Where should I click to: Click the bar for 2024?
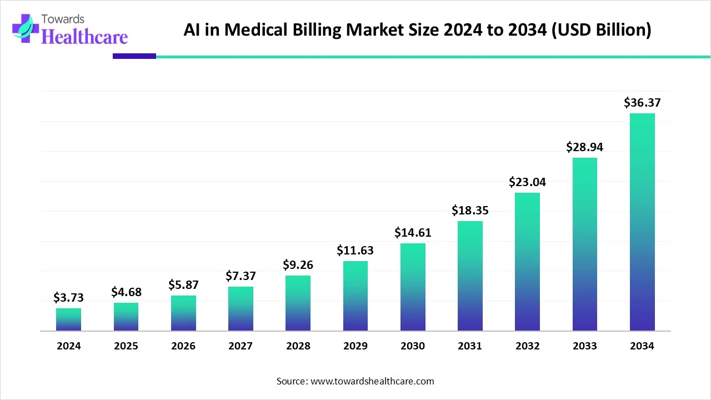click(68, 320)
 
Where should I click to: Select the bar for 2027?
click(241, 309)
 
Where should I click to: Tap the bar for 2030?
click(413, 287)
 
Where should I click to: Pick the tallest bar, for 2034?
click(642, 222)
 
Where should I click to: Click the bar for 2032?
click(527, 262)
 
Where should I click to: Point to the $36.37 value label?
click(642, 103)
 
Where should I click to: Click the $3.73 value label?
click(68, 298)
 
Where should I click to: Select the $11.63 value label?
click(355, 251)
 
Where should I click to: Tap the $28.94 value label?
click(584, 147)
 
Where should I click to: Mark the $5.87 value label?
click(183, 285)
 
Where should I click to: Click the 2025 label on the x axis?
click(126, 346)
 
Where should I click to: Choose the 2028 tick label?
click(298, 346)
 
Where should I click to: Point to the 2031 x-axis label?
click(470, 346)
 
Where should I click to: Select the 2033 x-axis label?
click(584, 346)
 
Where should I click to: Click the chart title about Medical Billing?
click(417, 30)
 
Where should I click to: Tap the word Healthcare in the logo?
click(84, 37)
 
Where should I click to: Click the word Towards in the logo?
click(63, 19)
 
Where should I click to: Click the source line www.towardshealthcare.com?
click(355, 381)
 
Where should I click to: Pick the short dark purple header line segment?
click(134, 56)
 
